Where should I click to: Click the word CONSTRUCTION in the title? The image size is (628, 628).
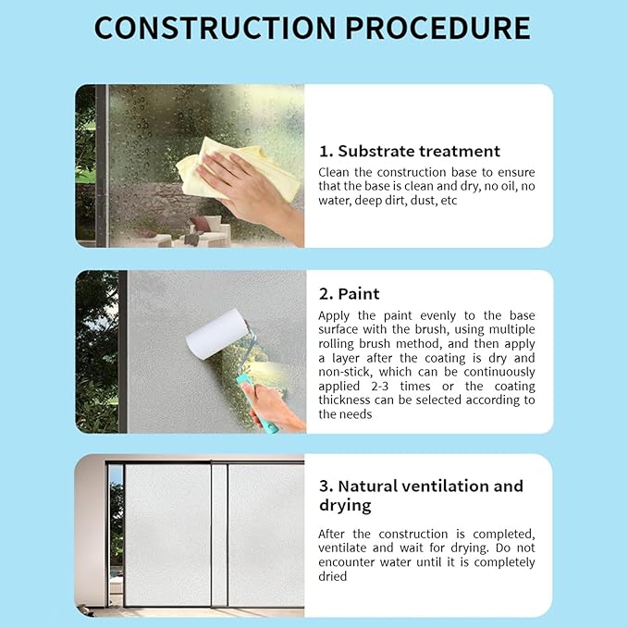pyautogui.click(x=215, y=28)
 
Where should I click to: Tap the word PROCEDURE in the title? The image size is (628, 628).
pyautogui.click(x=437, y=28)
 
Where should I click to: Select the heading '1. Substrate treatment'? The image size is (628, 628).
pyautogui.click(x=410, y=151)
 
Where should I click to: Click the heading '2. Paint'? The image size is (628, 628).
pyautogui.click(x=349, y=293)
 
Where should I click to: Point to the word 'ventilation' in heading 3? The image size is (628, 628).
pyautogui.click(x=445, y=486)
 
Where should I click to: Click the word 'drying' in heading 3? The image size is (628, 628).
pyautogui.click(x=345, y=506)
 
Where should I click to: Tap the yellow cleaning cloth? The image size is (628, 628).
pyautogui.click(x=236, y=168)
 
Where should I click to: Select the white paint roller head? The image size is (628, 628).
pyautogui.click(x=217, y=334)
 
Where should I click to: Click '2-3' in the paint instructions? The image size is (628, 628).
pyautogui.click(x=380, y=386)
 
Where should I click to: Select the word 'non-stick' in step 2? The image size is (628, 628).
pyautogui.click(x=345, y=372)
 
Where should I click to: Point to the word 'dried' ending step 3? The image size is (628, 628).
pyautogui.click(x=332, y=576)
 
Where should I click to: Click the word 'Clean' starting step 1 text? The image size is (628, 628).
pyautogui.click(x=334, y=172)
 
